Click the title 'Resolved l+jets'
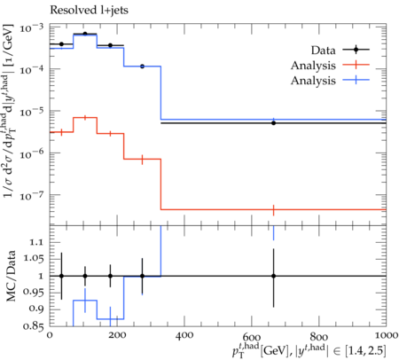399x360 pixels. coord(89,10)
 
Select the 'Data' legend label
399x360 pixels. coord(323,51)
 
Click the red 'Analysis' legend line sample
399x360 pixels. coord(356,65)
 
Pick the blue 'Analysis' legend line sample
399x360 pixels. coord(356,80)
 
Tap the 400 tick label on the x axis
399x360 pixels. coord(184,335)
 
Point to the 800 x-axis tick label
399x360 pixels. coord(319,335)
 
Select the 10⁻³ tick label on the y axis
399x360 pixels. coord(32,28)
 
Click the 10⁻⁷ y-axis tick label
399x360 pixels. coord(32,196)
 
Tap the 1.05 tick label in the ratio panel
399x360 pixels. coord(32,259)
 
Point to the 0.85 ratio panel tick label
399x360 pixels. coord(32,326)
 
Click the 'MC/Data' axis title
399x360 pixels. coord(11,276)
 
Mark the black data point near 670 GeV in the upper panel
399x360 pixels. coord(274,123)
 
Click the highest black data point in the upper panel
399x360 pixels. coord(85,34)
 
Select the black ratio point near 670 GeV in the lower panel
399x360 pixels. coord(274,276)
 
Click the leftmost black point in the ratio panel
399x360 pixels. coord(61,276)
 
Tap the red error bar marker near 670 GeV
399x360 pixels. coord(274,210)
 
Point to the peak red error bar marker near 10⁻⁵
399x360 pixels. coord(85,118)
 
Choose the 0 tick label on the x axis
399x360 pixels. coord(50,335)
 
